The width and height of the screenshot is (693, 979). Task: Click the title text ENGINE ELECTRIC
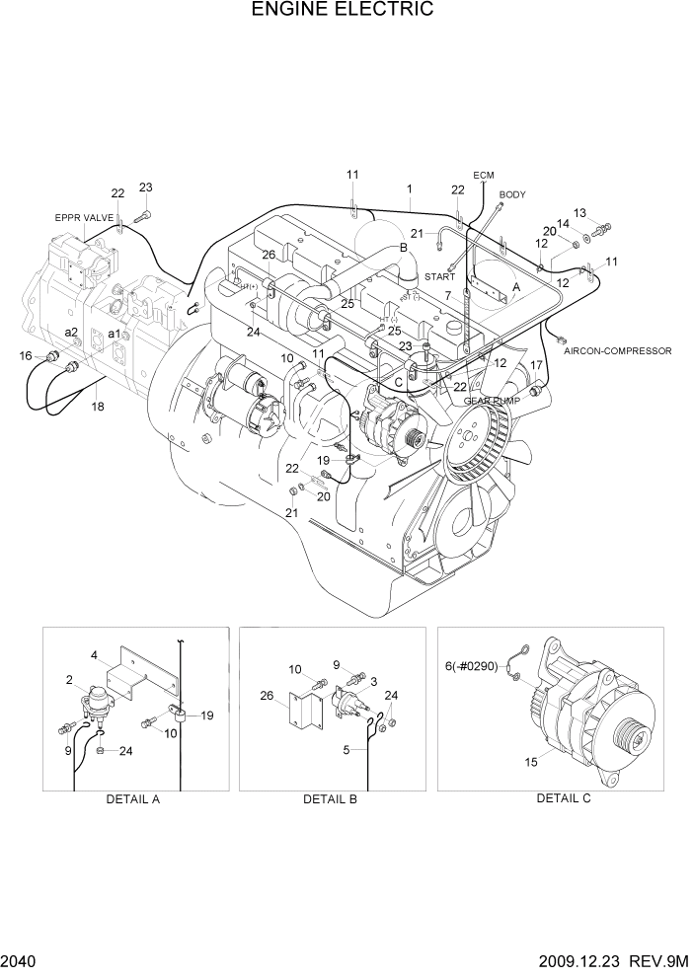tap(343, 11)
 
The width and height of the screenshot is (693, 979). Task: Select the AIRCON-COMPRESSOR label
tap(618, 351)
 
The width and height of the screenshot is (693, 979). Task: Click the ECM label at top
tap(483, 176)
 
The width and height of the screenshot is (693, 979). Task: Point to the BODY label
tap(512, 195)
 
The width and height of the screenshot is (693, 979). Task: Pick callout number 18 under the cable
tap(97, 406)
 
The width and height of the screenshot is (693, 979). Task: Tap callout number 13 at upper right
tap(579, 213)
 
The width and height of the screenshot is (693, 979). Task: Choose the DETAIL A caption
tap(132, 799)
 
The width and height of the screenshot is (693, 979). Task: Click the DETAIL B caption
tap(330, 799)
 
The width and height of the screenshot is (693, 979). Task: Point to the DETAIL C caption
tap(563, 798)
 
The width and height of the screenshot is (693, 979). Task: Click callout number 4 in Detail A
tap(94, 655)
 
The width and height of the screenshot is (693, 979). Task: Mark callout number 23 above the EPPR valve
tap(145, 188)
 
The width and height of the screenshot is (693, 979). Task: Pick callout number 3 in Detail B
tap(372, 682)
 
